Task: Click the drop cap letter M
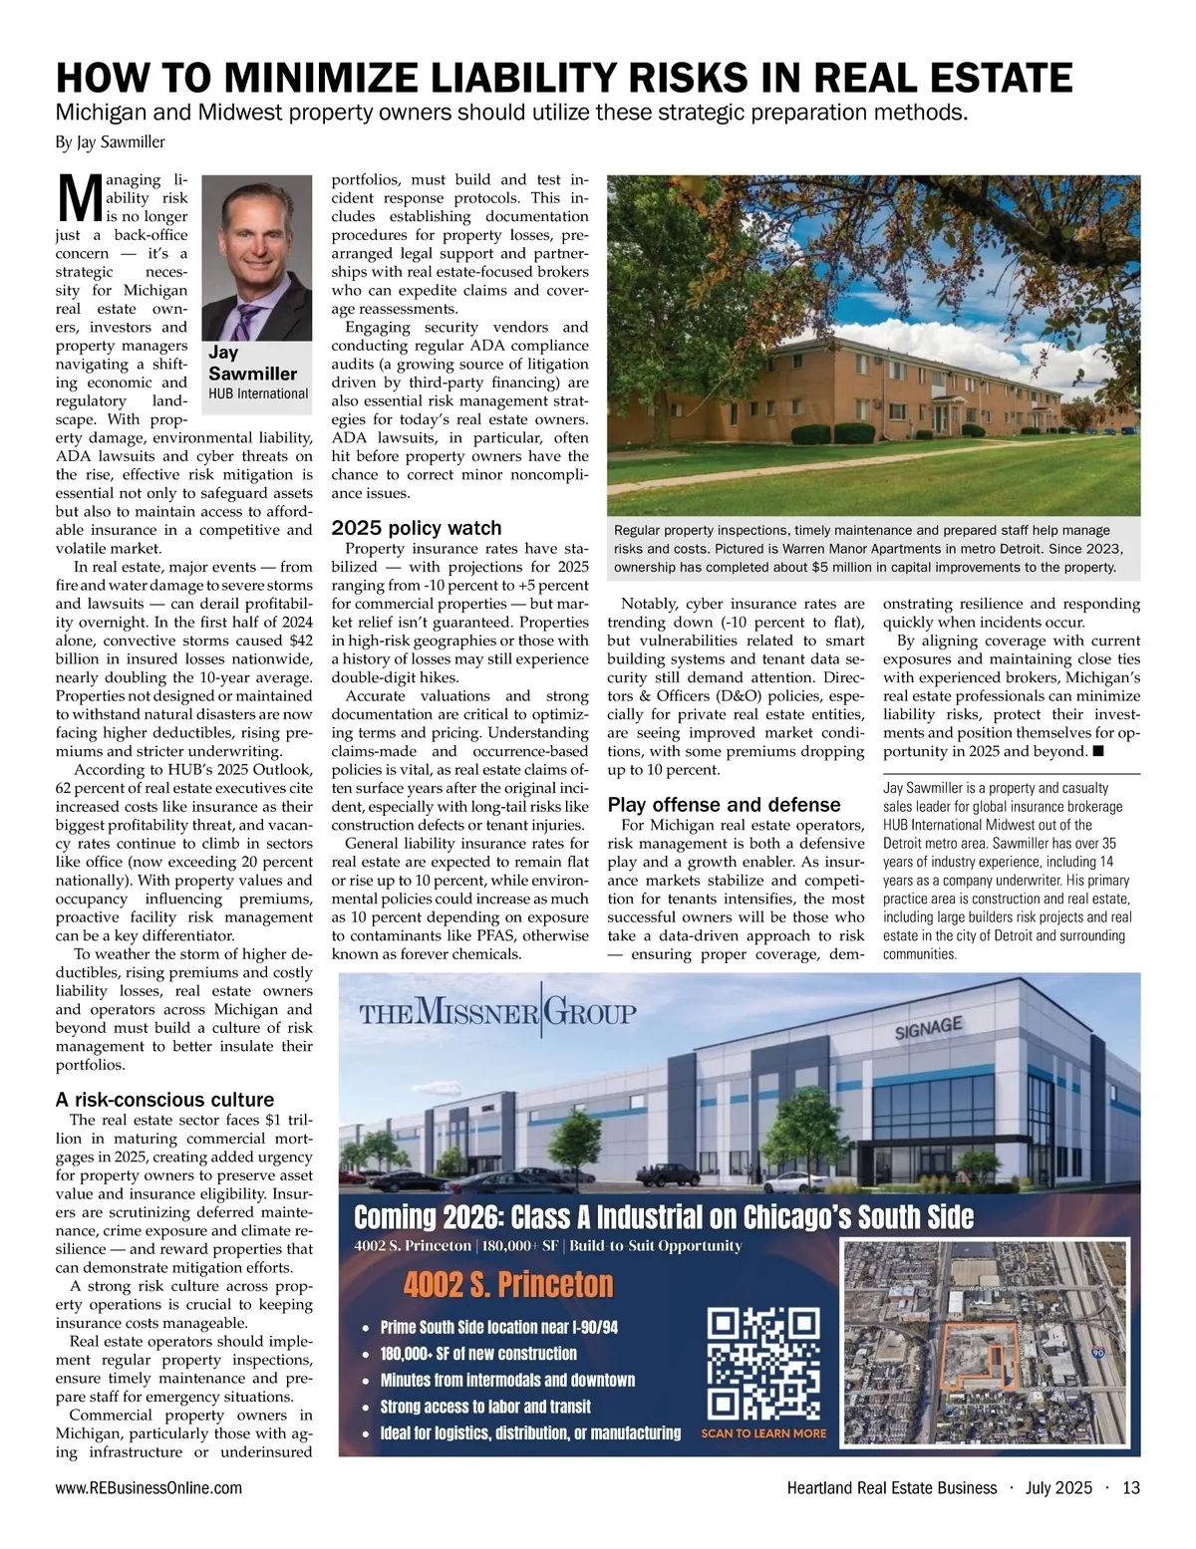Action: click(76, 199)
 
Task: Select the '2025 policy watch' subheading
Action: click(416, 528)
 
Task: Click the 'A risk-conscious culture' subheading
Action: click(164, 1100)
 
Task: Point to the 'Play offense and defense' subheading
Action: click(724, 805)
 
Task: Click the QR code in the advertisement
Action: click(763, 1364)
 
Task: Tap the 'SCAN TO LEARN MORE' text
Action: click(763, 1433)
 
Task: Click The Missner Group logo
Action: click(497, 1013)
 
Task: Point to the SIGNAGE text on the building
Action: click(929, 1027)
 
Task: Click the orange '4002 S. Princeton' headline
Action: click(508, 1285)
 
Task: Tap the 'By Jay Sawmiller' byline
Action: click(110, 142)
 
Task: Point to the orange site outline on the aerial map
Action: click(976, 1356)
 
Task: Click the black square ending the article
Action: click(1097, 751)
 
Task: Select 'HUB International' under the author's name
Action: click(258, 393)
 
